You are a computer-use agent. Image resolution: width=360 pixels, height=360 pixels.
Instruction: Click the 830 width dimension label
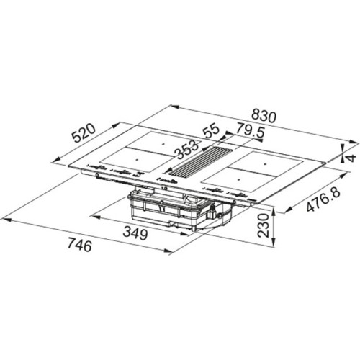pos(264,116)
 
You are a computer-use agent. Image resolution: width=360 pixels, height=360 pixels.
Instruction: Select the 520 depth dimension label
pos(84,133)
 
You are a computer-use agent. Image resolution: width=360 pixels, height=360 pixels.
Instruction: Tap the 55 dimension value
pos(211,130)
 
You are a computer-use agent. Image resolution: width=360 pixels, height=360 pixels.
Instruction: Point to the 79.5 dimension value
pos(250,131)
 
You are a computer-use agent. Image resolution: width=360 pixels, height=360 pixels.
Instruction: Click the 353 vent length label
pos(187,150)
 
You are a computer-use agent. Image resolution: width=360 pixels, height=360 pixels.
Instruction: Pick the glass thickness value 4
pos(351,158)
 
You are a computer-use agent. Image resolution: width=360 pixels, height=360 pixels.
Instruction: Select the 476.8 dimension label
pos(323,199)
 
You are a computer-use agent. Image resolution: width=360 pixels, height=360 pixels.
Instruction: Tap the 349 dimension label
pos(135,233)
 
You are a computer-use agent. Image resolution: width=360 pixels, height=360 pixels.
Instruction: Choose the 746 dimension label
pos(80,245)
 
